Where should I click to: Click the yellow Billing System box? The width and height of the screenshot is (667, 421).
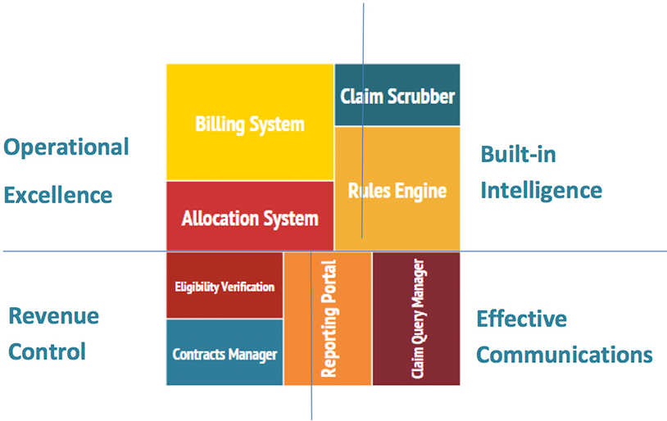tap(249, 123)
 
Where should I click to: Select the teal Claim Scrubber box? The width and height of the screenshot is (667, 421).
tap(397, 95)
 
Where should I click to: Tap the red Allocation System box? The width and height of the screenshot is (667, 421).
tap(249, 217)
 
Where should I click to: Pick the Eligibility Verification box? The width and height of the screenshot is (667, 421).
tap(225, 286)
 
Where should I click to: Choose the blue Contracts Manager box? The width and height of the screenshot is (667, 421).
tap(225, 354)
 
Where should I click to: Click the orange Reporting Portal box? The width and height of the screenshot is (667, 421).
tap(328, 319)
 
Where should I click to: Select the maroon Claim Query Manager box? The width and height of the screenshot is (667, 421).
tap(416, 319)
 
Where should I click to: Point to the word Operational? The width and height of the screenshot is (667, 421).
tap(66, 147)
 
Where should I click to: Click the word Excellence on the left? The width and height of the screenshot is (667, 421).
tap(58, 195)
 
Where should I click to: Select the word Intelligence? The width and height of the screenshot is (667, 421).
tap(541, 191)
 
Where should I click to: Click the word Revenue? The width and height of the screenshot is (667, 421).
tap(53, 316)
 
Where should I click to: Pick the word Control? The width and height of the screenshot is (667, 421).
tap(48, 352)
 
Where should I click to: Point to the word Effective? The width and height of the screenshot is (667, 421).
tap(521, 318)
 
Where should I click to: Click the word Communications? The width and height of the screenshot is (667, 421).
tap(565, 355)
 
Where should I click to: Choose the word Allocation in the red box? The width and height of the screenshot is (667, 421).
tap(216, 219)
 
